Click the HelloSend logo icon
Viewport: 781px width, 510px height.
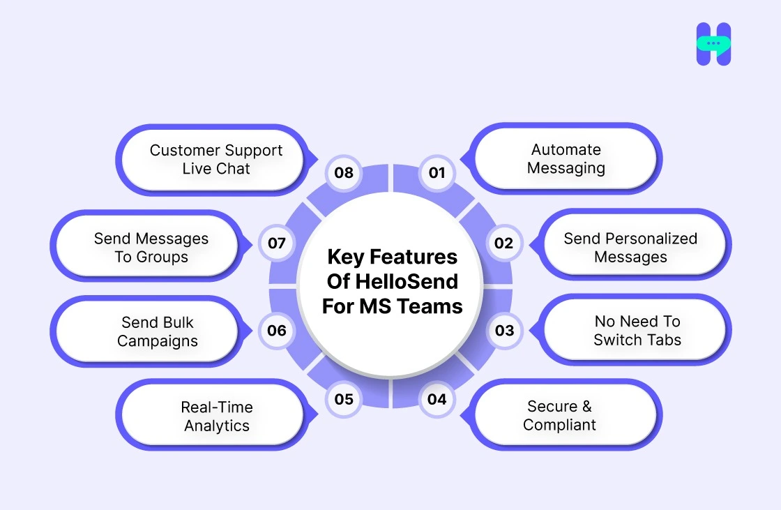[x=713, y=44]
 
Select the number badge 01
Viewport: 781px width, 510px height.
[x=437, y=172]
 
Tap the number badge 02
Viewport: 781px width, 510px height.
[x=503, y=243]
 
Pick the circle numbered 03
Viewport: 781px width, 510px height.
[x=504, y=330]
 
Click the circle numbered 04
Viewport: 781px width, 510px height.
[x=437, y=399]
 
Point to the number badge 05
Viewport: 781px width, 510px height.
[x=344, y=399]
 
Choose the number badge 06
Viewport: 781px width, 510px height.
[x=277, y=331]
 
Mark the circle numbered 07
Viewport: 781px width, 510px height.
[x=277, y=243]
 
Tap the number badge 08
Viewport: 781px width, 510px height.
[x=344, y=172]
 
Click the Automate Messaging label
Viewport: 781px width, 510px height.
[x=566, y=159]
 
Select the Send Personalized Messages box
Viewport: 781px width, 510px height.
[x=630, y=248]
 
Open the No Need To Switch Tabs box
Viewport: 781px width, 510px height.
[x=637, y=331]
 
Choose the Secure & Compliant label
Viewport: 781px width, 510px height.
[x=560, y=416]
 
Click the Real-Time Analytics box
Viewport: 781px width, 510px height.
[x=216, y=417]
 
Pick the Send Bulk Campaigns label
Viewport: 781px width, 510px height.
[x=158, y=332]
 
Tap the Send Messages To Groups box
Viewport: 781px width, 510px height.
[x=151, y=248]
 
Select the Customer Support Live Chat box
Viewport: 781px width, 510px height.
[x=216, y=159]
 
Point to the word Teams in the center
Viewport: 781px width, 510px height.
[x=431, y=306]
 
